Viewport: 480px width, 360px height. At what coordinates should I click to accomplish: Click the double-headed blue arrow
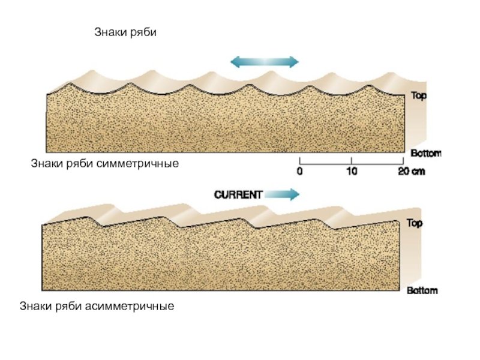tap(265, 62)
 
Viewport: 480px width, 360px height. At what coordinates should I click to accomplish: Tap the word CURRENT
tap(238, 194)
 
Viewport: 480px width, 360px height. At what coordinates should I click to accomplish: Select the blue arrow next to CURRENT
tap(281, 194)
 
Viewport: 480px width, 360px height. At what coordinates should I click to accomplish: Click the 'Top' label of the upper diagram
tap(419, 95)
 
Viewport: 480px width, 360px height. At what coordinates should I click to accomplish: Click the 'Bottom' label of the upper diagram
tap(425, 153)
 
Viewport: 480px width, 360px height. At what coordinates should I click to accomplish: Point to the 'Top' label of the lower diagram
tap(415, 223)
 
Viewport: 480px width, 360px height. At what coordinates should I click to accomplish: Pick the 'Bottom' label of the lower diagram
tap(422, 291)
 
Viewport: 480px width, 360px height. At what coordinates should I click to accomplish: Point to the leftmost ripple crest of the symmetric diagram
tap(71, 85)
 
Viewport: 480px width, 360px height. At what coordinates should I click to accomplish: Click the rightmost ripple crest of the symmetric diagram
tap(370, 86)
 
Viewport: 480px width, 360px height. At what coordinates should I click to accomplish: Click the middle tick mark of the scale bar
tap(351, 160)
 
